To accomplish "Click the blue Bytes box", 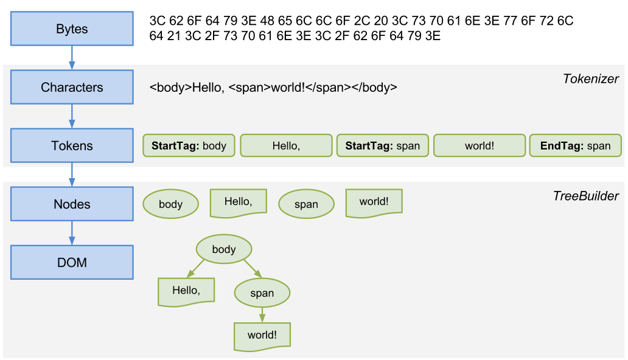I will (x=72, y=29).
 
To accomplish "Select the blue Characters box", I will (x=72, y=88).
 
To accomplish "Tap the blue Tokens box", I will (x=72, y=146).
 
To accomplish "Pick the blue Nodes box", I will (x=72, y=204).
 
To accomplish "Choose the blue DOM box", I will (x=72, y=263).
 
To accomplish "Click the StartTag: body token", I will (x=189, y=146).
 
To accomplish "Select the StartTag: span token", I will (x=382, y=146).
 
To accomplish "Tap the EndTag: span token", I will (x=575, y=146).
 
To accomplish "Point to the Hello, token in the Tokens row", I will (x=285, y=146).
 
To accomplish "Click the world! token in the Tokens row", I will (x=479, y=146).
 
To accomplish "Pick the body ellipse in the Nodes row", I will (x=170, y=204).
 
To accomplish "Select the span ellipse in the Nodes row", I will (x=306, y=205).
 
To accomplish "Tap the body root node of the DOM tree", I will (x=223, y=249).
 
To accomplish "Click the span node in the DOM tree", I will (x=262, y=293).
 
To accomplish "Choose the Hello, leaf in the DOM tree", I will (x=186, y=291).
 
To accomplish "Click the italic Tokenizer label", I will (x=590, y=79).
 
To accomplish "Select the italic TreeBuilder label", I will (x=585, y=196).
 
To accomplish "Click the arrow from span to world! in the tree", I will (x=262, y=314).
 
